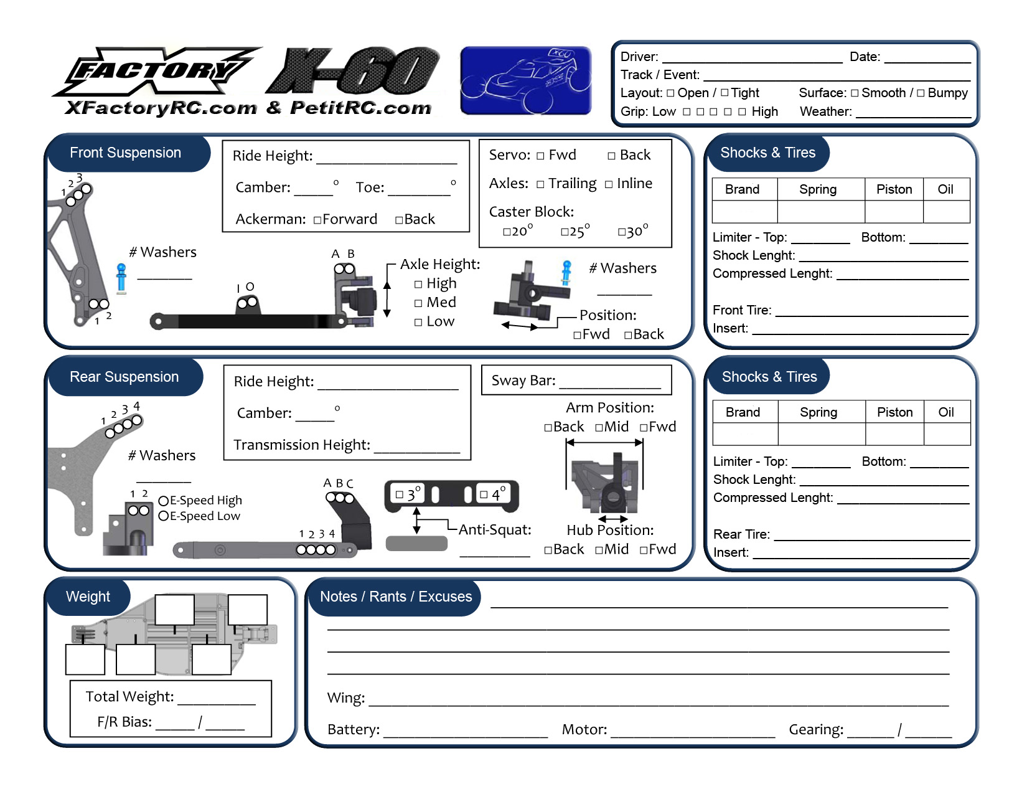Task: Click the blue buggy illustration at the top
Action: pos(525,80)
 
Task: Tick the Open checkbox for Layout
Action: pos(670,93)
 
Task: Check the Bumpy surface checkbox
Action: pos(921,93)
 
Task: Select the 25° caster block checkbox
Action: pos(565,232)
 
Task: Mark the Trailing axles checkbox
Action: pos(540,184)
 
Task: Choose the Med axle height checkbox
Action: pos(418,303)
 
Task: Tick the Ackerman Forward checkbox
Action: pos(317,220)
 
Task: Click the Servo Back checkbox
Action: pos(611,156)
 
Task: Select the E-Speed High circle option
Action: pos(164,501)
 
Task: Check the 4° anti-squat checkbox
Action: pos(484,494)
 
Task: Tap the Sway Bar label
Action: pos(523,380)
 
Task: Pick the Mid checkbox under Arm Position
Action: pos(599,428)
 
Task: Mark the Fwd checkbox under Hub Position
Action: pos(644,550)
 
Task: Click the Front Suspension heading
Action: pos(125,153)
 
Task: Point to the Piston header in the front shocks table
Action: pos(894,189)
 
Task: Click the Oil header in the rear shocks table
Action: pos(946,412)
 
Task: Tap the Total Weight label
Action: pos(129,697)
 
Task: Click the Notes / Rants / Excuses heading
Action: pos(396,597)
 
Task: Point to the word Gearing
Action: pos(816,730)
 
